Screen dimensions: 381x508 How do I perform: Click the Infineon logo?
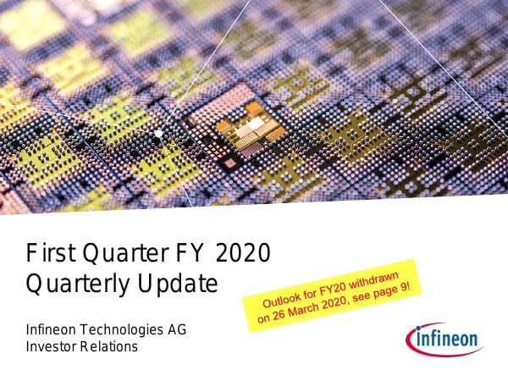(x=446, y=341)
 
